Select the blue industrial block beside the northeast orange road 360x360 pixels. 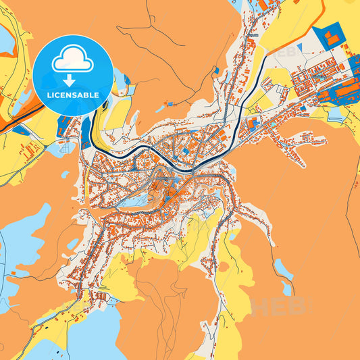point(331,38)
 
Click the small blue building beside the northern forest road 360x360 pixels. point(215,70)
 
